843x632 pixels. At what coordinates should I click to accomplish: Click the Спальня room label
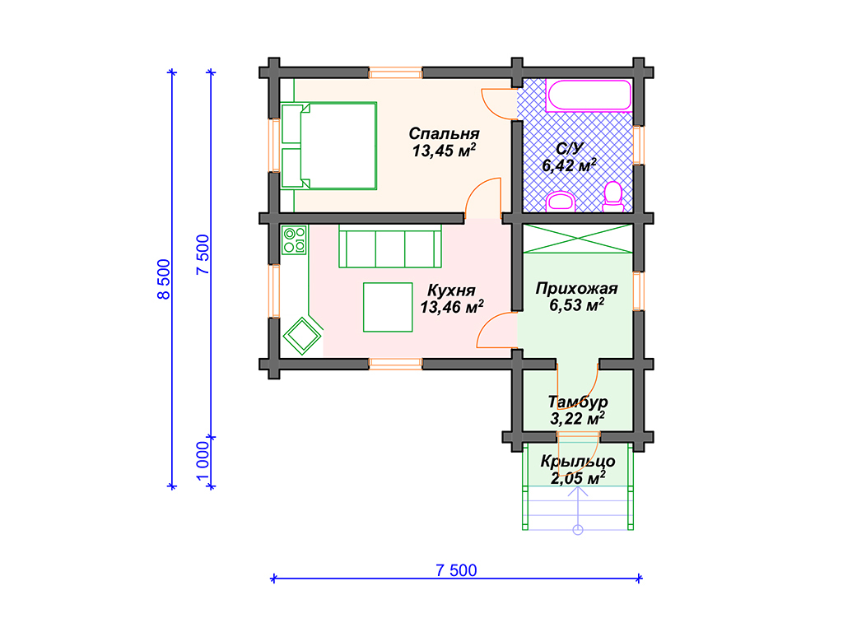(444, 133)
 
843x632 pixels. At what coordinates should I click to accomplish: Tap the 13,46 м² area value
(452, 307)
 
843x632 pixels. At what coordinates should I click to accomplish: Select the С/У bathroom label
(570, 148)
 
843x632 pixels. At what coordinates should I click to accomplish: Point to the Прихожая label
(576, 289)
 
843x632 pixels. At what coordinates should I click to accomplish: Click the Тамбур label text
(577, 402)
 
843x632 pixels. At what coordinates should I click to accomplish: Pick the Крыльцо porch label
(577, 461)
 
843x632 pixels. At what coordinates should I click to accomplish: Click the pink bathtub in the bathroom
(588, 95)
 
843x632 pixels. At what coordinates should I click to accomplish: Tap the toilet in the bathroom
(612, 197)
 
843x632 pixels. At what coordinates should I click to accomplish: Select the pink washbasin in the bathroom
(561, 202)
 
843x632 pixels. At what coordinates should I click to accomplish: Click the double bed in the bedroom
(328, 146)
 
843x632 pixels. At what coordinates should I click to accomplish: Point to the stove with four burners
(294, 239)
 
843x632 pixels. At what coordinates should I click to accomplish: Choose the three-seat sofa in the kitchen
(389, 246)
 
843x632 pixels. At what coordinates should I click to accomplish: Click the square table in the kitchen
(388, 308)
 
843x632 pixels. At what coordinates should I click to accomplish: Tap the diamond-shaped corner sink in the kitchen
(302, 336)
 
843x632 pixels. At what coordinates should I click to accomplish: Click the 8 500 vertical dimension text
(164, 279)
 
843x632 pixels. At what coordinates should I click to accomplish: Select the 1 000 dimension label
(203, 461)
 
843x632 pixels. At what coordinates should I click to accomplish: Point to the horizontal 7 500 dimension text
(456, 570)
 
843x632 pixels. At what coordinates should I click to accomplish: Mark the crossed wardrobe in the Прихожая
(578, 239)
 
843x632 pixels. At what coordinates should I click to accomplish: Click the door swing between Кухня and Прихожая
(493, 328)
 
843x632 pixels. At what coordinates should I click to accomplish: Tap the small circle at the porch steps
(578, 531)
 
